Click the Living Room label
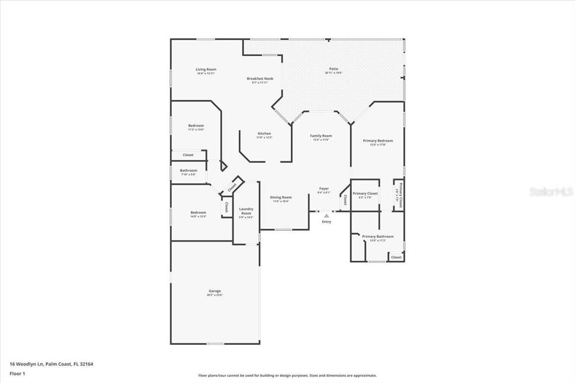tap(206, 70)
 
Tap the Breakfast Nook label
tap(260, 79)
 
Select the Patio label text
tap(334, 70)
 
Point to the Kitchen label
tap(264, 134)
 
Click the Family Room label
tap(321, 136)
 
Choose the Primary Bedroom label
tap(378, 141)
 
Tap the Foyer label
tap(324, 189)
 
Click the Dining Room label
tap(281, 197)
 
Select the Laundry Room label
tap(246, 211)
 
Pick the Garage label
tap(215, 291)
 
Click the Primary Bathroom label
tap(377, 236)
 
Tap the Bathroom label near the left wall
tap(189, 171)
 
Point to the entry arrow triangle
tap(326, 215)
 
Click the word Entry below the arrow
tap(326, 221)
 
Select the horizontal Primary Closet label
tap(365, 194)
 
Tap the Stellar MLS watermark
tap(551, 191)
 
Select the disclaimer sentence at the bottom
tap(287, 376)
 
